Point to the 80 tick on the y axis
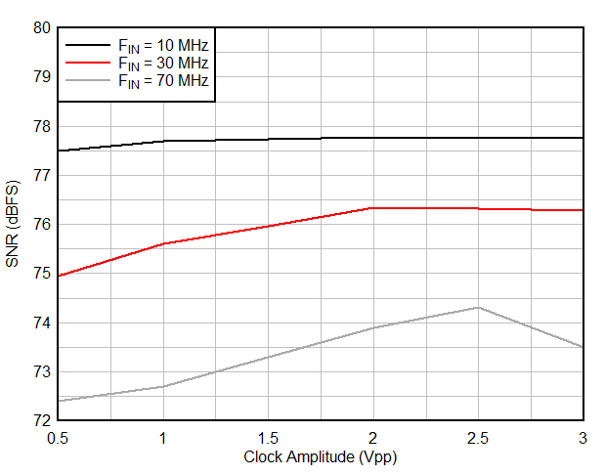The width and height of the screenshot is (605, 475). pyautogui.click(x=40, y=28)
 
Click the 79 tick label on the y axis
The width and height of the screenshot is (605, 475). pyautogui.click(x=40, y=77)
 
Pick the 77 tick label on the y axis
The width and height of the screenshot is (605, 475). pyautogui.click(x=40, y=175)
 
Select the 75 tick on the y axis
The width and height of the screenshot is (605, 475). pyautogui.click(x=40, y=274)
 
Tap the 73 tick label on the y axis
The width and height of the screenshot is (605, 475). pyautogui.click(x=40, y=371)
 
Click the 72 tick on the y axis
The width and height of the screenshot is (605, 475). pyautogui.click(x=40, y=420)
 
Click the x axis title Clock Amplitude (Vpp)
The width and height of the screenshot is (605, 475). pyautogui.click(x=320, y=456)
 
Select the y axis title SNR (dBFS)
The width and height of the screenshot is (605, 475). pyautogui.click(x=14, y=225)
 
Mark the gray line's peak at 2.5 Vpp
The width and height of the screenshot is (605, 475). pyautogui.click(x=478, y=307)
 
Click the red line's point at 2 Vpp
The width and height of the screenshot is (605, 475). pyautogui.click(x=372, y=208)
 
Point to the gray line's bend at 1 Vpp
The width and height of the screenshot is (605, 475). pyautogui.click(x=162, y=386)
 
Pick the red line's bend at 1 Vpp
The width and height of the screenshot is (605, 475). pyautogui.click(x=162, y=243)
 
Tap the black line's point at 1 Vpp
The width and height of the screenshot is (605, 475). pyautogui.click(x=162, y=141)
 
